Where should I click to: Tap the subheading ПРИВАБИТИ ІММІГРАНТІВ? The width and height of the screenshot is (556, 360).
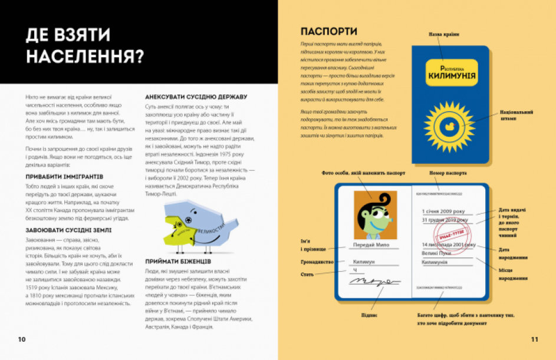tap(65, 176)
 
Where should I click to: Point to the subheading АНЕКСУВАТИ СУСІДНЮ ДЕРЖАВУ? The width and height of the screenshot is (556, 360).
tap(196, 97)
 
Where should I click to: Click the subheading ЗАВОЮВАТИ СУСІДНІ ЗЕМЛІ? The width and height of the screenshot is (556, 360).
tap(68, 230)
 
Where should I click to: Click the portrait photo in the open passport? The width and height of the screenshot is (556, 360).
tap(371, 216)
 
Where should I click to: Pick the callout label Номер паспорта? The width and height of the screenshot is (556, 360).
tap(448, 173)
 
